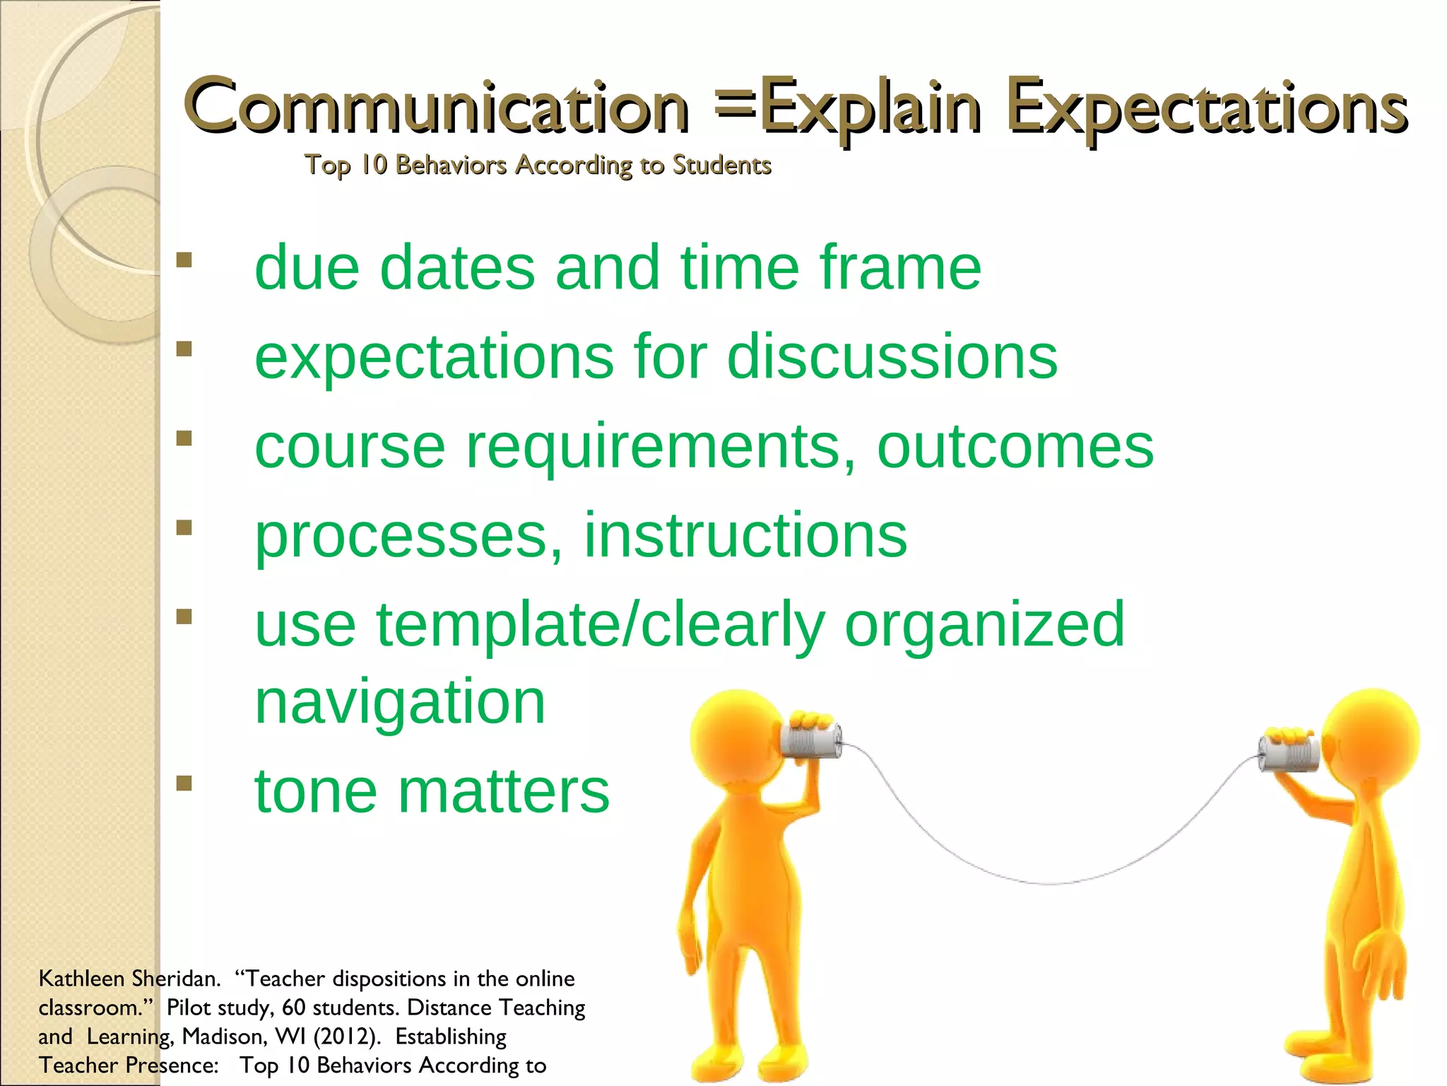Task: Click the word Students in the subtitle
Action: point(721,165)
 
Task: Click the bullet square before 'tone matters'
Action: point(184,783)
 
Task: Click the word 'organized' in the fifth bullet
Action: point(984,624)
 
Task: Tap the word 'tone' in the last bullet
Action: point(316,791)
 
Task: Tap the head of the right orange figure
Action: point(1371,735)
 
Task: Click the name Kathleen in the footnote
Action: point(81,979)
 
